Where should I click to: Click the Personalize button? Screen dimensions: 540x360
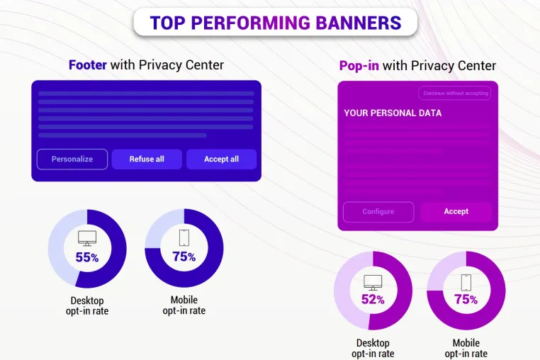[x=72, y=159]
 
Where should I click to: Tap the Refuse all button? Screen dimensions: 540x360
[x=147, y=159]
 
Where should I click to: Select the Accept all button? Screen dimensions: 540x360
[x=221, y=159]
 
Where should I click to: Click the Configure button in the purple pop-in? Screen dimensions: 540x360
[x=378, y=212]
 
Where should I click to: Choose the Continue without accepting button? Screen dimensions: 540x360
[x=454, y=93]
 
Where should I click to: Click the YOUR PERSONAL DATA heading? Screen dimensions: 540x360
[x=393, y=113]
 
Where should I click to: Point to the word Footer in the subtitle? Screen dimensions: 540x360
[x=88, y=64]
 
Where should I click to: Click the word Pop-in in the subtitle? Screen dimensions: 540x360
[x=359, y=65]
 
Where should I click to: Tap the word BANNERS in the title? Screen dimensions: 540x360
[x=359, y=23]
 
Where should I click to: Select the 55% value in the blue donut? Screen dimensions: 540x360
[x=87, y=257]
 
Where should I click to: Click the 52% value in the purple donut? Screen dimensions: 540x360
[x=373, y=299]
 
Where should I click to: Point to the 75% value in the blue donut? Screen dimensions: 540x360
[x=184, y=257]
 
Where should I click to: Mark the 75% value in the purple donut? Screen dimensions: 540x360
[x=466, y=299]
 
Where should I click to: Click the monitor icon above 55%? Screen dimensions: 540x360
[x=87, y=238]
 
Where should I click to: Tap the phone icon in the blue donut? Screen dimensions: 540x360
[x=184, y=237]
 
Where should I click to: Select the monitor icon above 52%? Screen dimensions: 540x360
[x=373, y=283]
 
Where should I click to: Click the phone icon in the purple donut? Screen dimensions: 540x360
[x=466, y=283]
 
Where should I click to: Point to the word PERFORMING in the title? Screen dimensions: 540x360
[x=250, y=23]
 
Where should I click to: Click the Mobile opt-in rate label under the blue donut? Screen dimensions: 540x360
[x=184, y=305]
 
